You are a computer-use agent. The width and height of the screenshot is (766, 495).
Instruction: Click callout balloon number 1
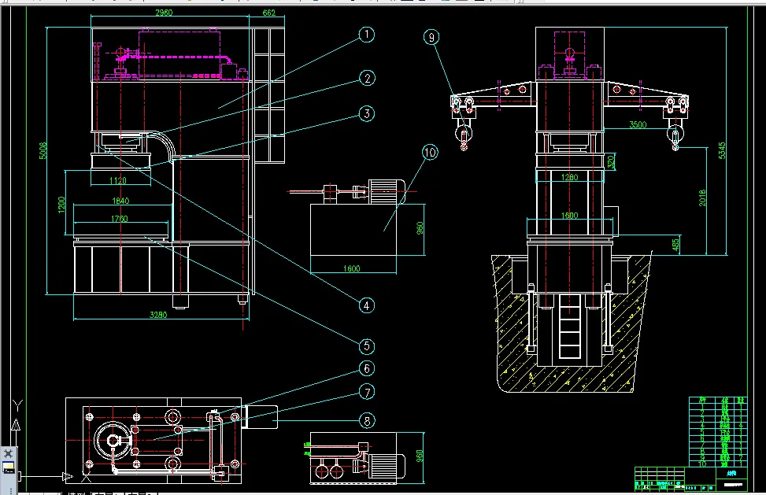click(367, 35)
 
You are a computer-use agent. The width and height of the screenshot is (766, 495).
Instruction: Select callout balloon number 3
click(367, 113)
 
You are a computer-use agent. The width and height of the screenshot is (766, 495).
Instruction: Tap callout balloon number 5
click(367, 346)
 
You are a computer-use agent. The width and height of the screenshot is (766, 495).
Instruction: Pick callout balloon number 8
click(367, 420)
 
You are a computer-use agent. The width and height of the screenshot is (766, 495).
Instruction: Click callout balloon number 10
click(430, 153)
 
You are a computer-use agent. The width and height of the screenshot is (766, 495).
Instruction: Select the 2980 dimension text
click(164, 13)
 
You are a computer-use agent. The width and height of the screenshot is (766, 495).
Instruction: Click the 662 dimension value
click(268, 13)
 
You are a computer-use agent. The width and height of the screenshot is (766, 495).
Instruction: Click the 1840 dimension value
click(120, 201)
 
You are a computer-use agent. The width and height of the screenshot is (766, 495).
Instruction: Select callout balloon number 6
click(367, 368)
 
